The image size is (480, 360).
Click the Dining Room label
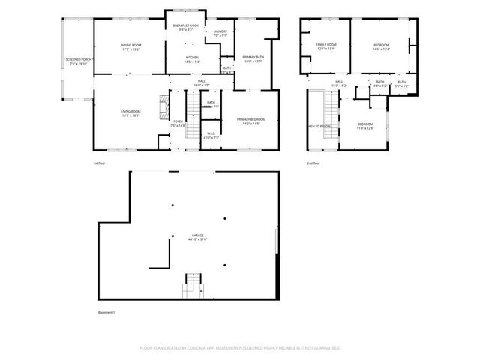[x=131, y=48]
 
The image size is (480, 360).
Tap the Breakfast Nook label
[x=184, y=28]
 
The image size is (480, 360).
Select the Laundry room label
[x=220, y=33]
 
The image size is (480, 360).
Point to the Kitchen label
[x=192, y=60]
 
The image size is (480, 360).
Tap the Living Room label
[x=131, y=113]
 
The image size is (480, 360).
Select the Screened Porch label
[x=78, y=61]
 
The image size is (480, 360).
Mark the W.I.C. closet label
[x=211, y=136]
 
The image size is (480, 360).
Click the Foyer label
[x=178, y=123]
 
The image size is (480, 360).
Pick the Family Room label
[x=325, y=47]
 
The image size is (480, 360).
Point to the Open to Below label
[x=319, y=127]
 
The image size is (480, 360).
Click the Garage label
[x=197, y=238]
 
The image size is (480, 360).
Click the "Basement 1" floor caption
[x=108, y=312]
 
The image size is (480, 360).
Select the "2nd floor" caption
[x=313, y=163]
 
